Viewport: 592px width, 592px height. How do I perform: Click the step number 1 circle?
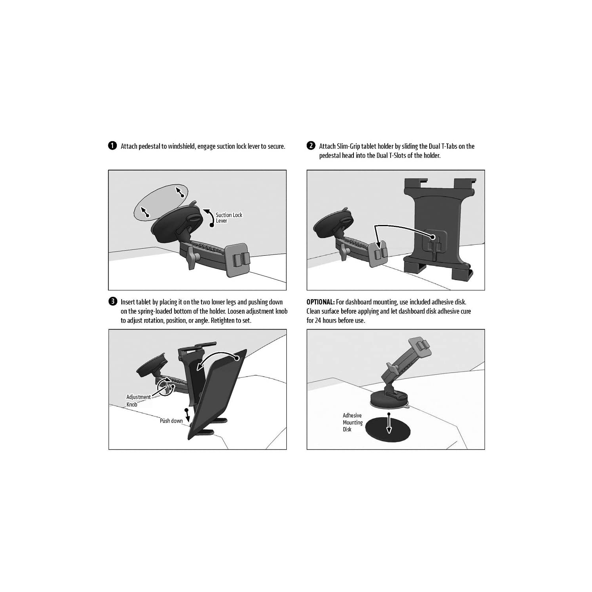112,146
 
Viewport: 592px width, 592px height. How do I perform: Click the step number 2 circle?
311,146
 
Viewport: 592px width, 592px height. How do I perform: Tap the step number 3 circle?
112,302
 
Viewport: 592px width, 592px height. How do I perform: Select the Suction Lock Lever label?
229,218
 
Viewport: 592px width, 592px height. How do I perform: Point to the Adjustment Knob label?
138,401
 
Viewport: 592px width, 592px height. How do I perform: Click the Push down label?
171,421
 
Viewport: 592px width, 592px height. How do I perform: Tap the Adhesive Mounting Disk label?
352,422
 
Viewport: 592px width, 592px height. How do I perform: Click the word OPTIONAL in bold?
320,302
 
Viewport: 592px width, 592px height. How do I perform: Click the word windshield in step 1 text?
181,146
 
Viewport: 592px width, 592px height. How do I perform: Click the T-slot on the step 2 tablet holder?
433,247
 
